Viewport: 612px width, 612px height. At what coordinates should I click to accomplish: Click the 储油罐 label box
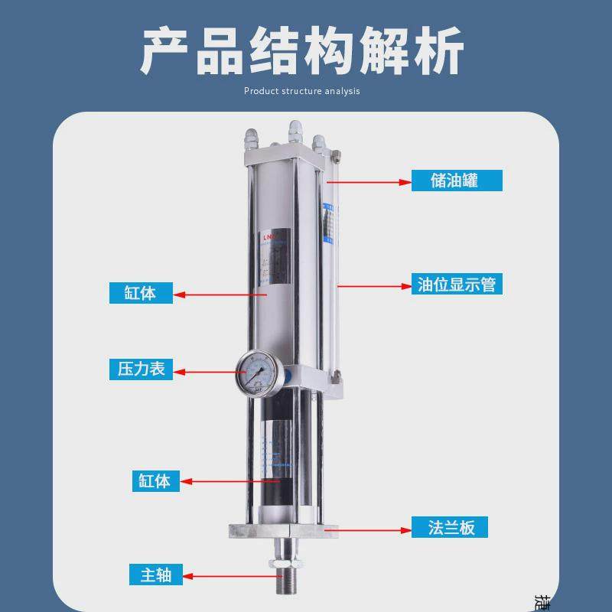[x=456, y=181]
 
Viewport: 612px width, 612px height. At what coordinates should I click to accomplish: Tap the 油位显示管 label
[x=456, y=285]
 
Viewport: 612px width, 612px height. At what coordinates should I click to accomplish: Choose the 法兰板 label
[x=451, y=528]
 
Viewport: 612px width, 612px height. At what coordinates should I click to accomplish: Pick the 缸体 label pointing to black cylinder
[x=155, y=480]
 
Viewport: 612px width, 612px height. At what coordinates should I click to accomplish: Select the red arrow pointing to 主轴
[x=229, y=575]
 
